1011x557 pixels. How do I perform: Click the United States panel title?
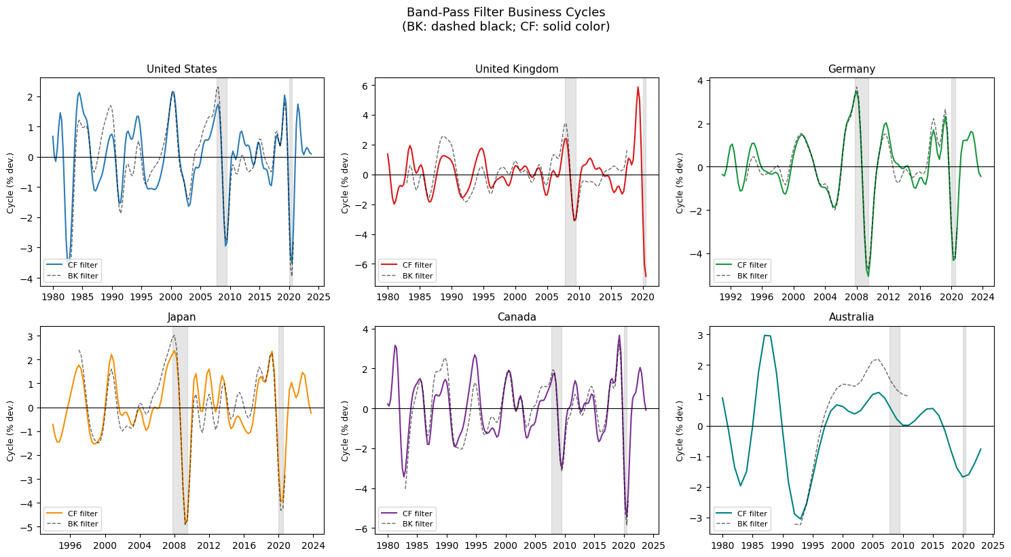pos(181,69)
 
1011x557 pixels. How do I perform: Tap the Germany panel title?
pos(851,69)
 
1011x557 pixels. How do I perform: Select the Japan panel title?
pos(181,317)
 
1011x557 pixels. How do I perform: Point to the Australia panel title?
pos(851,317)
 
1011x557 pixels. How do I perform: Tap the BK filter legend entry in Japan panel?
pos(71,524)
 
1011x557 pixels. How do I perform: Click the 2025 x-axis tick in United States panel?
pos(318,297)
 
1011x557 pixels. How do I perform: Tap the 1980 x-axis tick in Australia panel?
pos(722,545)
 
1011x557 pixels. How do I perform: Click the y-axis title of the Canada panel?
pos(345,431)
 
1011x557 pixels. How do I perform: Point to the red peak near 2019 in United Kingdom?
pos(638,87)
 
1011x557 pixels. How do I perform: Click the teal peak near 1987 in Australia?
pos(765,335)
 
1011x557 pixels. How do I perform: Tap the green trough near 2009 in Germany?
pos(868,276)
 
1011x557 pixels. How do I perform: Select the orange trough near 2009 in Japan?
pos(185,522)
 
